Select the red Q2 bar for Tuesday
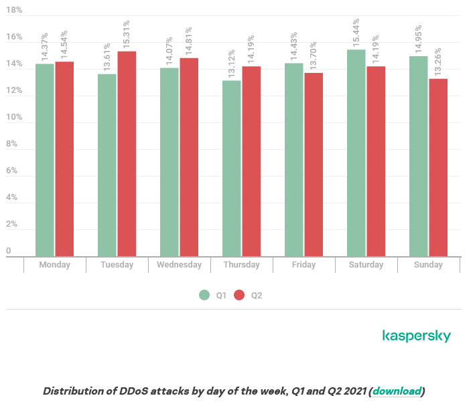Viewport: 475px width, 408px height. (127, 153)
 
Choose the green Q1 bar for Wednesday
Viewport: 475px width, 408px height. (169, 161)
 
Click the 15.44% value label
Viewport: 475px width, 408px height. (356, 32)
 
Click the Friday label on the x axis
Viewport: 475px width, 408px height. (304, 265)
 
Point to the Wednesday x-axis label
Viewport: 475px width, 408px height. (179, 265)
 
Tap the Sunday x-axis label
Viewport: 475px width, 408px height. (428, 265)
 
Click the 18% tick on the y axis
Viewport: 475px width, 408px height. (14, 11)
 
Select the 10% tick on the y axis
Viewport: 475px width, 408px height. (14, 117)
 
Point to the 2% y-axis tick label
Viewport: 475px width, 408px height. (11, 224)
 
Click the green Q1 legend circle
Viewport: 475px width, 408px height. (205, 295)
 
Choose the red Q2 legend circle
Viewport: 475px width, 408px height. (240, 295)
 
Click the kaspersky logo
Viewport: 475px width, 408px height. (416, 336)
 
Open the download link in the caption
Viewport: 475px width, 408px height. (397, 391)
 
